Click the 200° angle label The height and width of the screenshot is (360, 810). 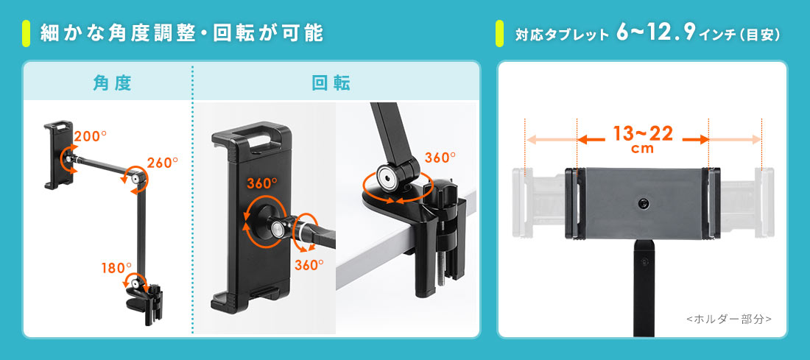[x=91, y=136]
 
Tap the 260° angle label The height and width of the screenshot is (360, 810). [x=162, y=162]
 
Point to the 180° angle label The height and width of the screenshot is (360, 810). [x=117, y=268]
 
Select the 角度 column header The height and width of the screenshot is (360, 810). [x=112, y=83]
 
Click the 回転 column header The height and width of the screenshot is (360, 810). [x=331, y=83]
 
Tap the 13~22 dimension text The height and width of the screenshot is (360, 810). [x=643, y=134]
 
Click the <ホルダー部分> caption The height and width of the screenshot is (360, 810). [x=729, y=320]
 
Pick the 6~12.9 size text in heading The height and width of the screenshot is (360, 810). [x=655, y=34]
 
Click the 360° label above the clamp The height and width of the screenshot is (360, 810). [x=440, y=158]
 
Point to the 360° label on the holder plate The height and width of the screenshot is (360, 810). [x=262, y=183]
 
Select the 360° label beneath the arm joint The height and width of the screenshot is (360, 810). [x=309, y=264]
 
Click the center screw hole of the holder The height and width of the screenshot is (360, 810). [x=643, y=203]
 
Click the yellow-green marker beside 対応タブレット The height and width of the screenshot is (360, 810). [x=499, y=34]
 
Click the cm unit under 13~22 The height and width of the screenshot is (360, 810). [x=643, y=149]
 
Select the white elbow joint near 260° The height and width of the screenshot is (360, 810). [x=138, y=179]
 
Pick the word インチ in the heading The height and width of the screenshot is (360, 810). [x=716, y=35]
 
